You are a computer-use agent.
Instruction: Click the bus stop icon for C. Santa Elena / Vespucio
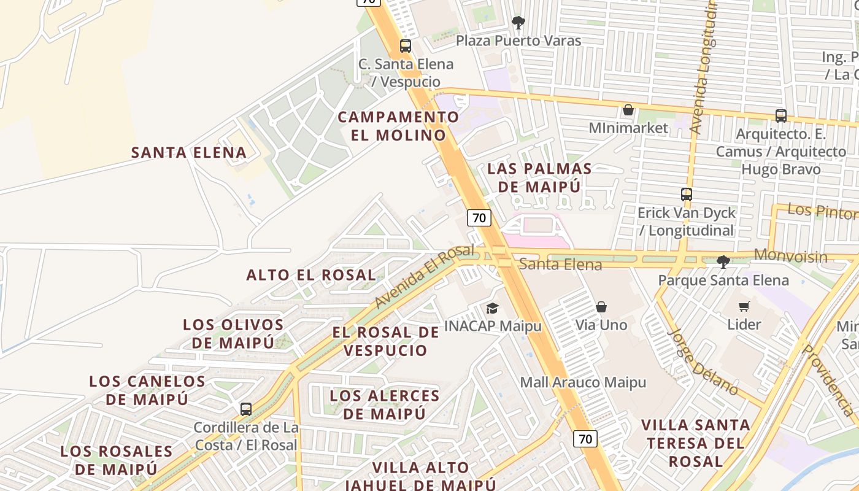tap(405, 45)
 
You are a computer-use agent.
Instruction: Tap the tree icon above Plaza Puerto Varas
tap(518, 23)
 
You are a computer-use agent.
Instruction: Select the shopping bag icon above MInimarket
tap(628, 110)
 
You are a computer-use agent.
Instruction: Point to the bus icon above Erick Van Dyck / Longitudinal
tap(686, 195)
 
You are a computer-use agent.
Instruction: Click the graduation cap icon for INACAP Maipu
tap(492, 308)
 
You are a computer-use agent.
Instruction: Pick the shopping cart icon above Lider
tap(744, 306)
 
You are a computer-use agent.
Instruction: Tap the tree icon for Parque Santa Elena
tap(723, 262)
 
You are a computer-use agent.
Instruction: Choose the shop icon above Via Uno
tap(601, 307)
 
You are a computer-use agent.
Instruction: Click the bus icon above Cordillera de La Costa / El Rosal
tap(246, 409)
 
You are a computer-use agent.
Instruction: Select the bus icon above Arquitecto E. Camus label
tap(780, 115)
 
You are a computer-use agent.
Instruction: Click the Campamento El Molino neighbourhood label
tap(398, 126)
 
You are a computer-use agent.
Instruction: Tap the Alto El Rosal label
tap(311, 275)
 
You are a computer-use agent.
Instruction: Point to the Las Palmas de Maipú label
tap(539, 177)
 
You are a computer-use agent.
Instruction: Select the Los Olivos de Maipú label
tap(233, 333)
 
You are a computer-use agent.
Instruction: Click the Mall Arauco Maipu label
tap(583, 382)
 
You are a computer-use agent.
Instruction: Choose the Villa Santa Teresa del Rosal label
tap(696, 443)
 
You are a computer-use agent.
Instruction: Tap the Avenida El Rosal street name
tap(424, 277)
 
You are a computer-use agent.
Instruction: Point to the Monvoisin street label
tap(790, 256)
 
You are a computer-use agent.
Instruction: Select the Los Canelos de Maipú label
tap(147, 390)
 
